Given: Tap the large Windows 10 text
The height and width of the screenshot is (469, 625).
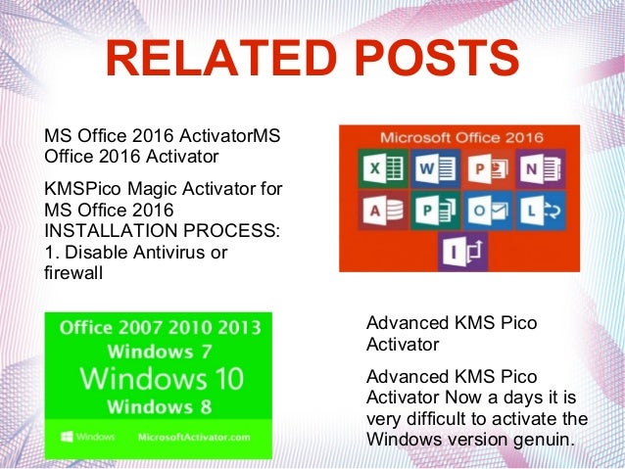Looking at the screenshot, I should pyautogui.click(x=158, y=378).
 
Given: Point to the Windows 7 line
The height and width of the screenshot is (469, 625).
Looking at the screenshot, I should pyautogui.click(x=158, y=351).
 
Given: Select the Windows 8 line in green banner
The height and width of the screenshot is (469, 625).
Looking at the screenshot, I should pyautogui.click(x=158, y=405).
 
